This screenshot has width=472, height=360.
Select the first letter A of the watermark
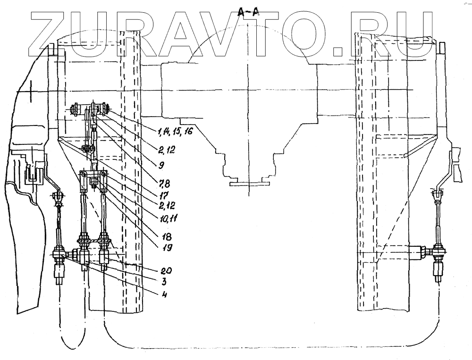point(182,31)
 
